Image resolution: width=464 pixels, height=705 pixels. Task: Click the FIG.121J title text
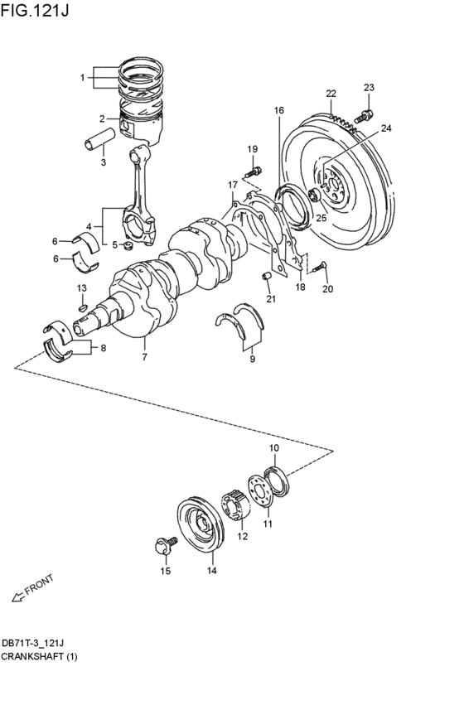pos(35,10)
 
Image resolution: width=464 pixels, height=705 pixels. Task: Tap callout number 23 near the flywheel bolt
pos(369,87)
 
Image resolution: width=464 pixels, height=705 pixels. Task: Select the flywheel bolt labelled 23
pos(363,117)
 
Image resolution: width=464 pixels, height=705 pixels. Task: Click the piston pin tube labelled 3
pos(99,138)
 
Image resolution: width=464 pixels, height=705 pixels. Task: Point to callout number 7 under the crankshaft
pos(145,357)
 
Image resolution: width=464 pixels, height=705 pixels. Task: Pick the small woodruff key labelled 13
pos(81,308)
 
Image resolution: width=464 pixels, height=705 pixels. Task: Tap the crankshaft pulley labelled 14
pos(199,524)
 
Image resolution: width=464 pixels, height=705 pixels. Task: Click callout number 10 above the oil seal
pos(273,448)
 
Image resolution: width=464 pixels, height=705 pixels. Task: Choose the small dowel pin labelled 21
pos(267,276)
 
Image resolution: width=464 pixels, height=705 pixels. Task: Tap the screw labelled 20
pos(319,267)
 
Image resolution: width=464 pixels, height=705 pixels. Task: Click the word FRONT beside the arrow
pos(39,585)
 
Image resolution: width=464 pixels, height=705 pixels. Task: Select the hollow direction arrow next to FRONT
pos(18,596)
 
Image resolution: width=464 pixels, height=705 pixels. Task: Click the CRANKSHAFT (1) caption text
pos(39,657)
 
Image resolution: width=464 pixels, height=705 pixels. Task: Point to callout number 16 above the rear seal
pos(278,110)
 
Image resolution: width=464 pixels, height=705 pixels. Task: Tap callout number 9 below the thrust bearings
pos(252,359)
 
